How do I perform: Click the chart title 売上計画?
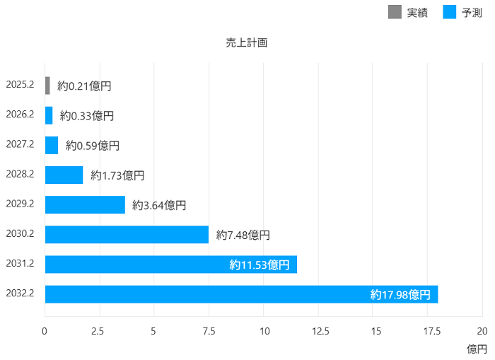(x=247, y=42)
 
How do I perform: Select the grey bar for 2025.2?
(x=47, y=86)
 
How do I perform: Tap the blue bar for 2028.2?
(x=64, y=175)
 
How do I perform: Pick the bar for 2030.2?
(x=127, y=234)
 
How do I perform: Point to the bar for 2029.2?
(x=85, y=204)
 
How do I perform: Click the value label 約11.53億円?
(x=260, y=265)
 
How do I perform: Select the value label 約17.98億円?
(x=400, y=294)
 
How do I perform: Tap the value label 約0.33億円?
(x=87, y=115)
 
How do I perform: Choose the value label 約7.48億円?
(x=243, y=235)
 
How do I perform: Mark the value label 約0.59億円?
(x=93, y=145)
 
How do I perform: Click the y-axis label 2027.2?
(x=20, y=144)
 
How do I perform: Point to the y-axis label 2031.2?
(x=20, y=264)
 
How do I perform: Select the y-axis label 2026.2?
(x=20, y=115)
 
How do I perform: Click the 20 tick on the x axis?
(x=482, y=331)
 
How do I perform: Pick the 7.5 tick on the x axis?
(x=209, y=331)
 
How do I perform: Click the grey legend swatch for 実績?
(x=395, y=12)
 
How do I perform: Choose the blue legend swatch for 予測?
(x=449, y=12)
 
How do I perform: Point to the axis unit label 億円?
(x=477, y=349)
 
